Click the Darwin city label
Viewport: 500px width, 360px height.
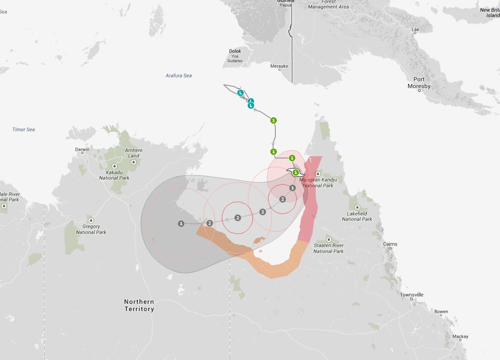point(82,149)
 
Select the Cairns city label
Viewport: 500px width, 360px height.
point(390,244)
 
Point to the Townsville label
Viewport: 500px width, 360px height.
point(411,295)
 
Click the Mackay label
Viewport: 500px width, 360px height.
point(460,336)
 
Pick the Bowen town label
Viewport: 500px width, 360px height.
point(441,312)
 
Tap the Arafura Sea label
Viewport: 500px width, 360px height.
point(178,76)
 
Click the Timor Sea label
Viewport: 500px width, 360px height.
point(24,130)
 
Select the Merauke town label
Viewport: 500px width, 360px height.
point(279,66)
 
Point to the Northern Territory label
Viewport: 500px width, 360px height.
point(139,305)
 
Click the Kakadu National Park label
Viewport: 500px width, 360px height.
point(115,175)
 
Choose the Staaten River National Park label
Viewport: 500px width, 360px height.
point(328,248)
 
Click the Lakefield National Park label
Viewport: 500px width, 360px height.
point(357,216)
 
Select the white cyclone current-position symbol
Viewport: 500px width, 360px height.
point(296,172)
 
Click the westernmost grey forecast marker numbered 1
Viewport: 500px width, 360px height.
point(181,223)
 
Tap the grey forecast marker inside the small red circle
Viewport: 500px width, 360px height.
point(238,218)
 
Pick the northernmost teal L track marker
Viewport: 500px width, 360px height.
point(241,93)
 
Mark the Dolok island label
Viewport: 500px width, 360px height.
point(235,51)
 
